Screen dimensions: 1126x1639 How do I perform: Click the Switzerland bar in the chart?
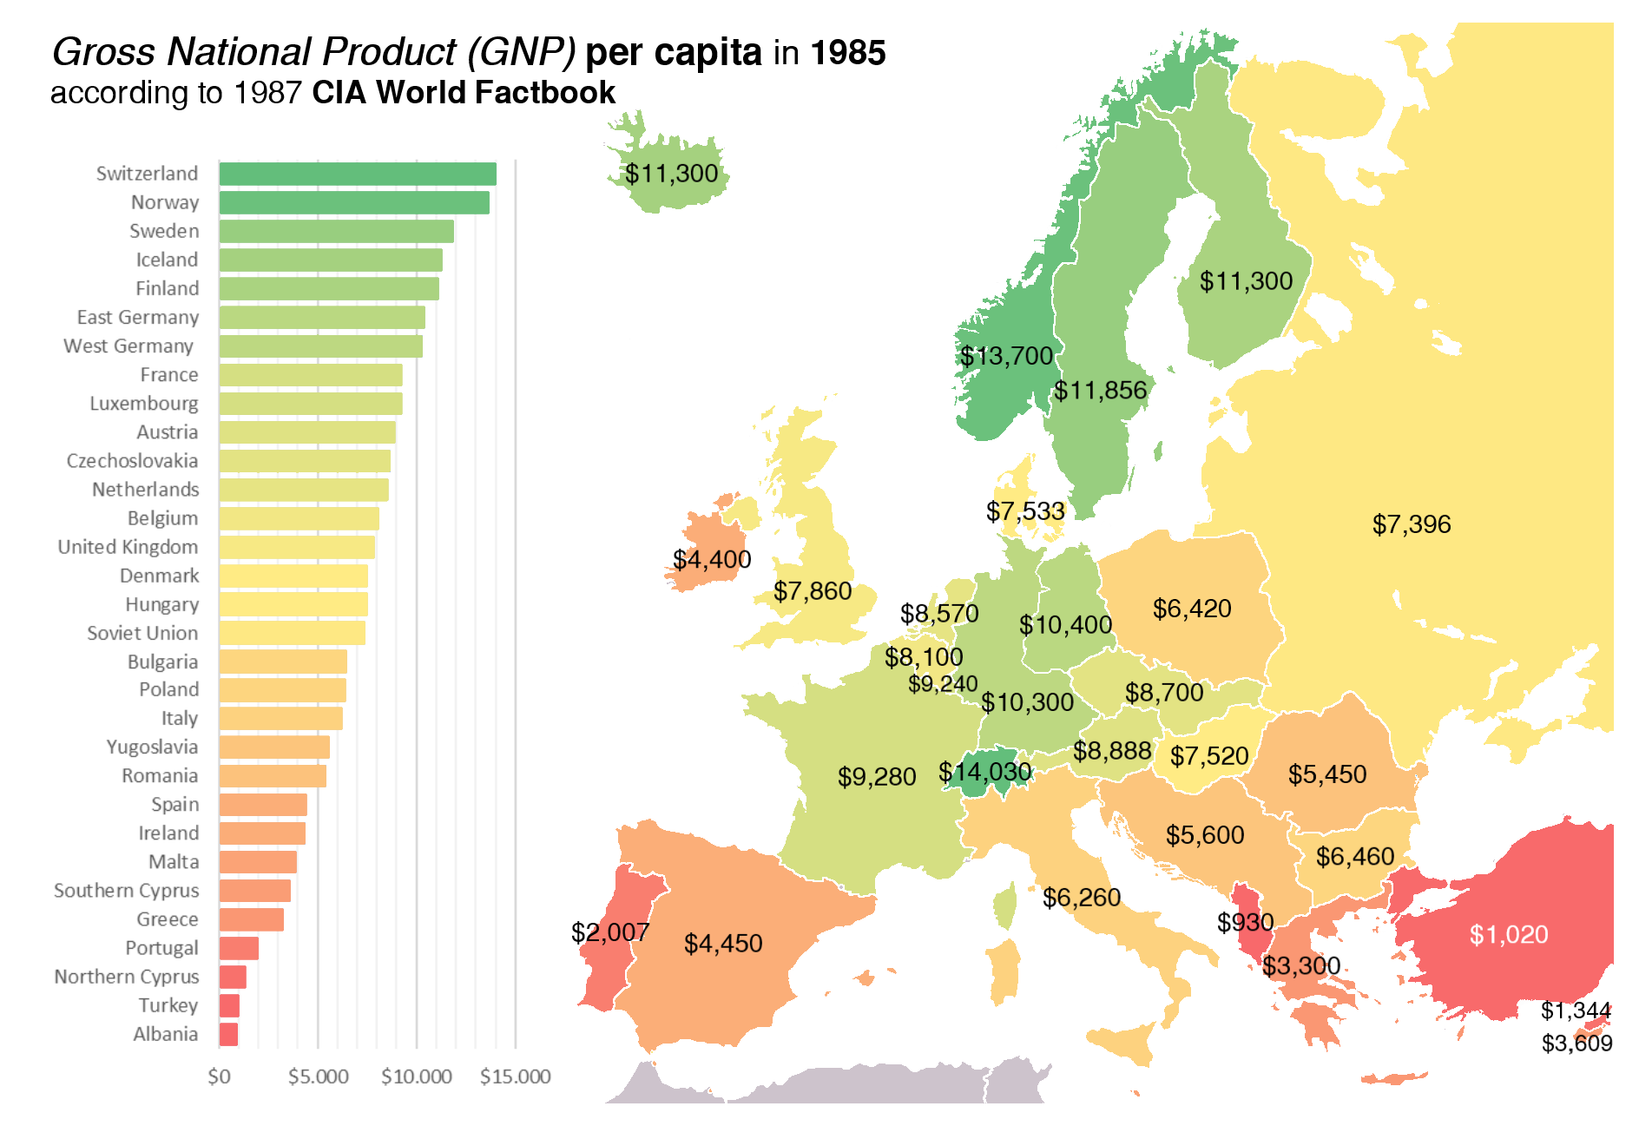click(358, 174)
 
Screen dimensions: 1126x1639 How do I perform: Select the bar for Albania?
click(228, 1034)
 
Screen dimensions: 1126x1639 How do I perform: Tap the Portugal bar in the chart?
click(239, 948)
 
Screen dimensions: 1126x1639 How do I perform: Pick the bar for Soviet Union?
click(292, 633)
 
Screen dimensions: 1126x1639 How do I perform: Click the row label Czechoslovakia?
click(132, 461)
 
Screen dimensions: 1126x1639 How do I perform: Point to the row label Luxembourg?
click(143, 404)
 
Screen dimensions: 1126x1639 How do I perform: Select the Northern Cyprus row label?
click(126, 977)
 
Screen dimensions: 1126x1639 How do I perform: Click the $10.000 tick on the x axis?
click(417, 1077)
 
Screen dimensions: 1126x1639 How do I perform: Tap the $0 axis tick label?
click(219, 1077)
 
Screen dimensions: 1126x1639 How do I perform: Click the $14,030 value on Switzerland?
click(984, 772)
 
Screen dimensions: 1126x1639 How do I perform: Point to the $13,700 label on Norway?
click(1006, 356)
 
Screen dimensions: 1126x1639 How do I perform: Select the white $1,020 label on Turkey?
click(1509, 934)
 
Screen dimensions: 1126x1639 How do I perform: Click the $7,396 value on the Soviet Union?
click(1412, 524)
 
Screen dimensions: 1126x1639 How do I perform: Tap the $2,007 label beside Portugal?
click(609, 932)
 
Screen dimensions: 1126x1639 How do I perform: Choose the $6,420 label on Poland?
click(1192, 609)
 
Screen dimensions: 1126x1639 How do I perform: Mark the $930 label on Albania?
click(1245, 922)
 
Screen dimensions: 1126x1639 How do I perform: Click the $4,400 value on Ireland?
click(712, 559)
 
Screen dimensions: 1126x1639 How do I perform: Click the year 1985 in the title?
click(847, 53)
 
